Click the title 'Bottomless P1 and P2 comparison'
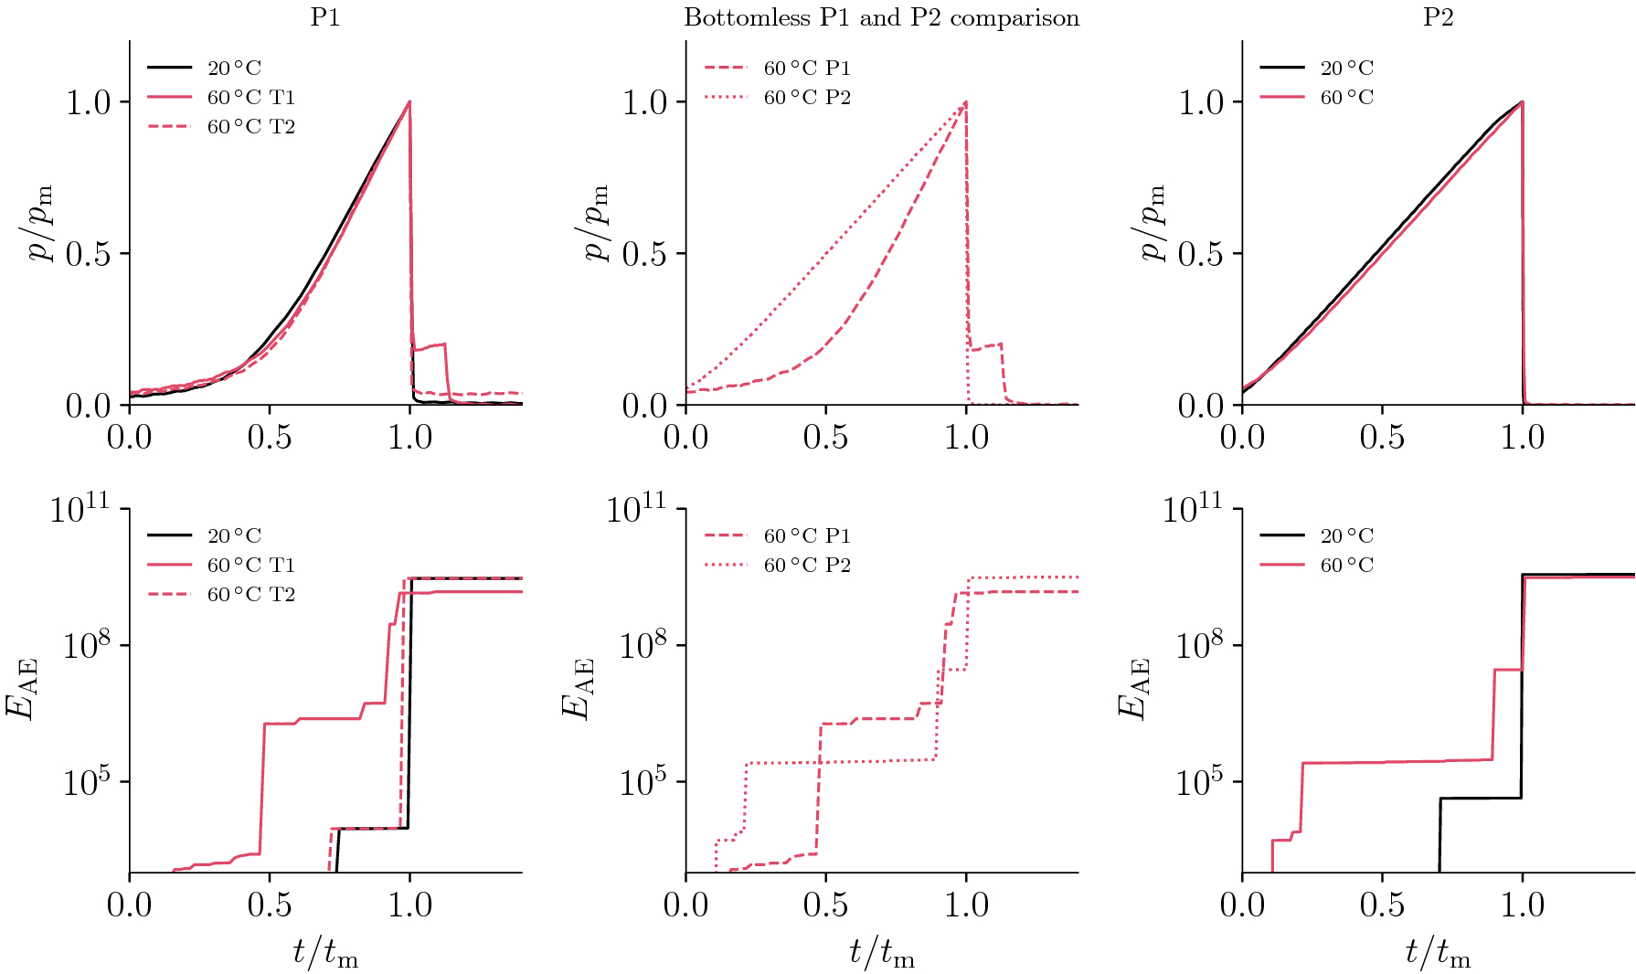click(881, 18)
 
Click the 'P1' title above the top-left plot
click(325, 18)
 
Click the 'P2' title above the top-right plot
click(1438, 18)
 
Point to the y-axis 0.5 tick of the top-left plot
click(88, 254)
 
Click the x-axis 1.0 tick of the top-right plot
click(1522, 438)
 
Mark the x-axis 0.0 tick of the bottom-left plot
click(130, 905)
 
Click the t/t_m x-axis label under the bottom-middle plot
click(881, 954)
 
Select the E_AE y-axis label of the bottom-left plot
click(22, 690)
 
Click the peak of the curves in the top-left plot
click(409, 101)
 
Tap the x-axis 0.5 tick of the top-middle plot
click(825, 438)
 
